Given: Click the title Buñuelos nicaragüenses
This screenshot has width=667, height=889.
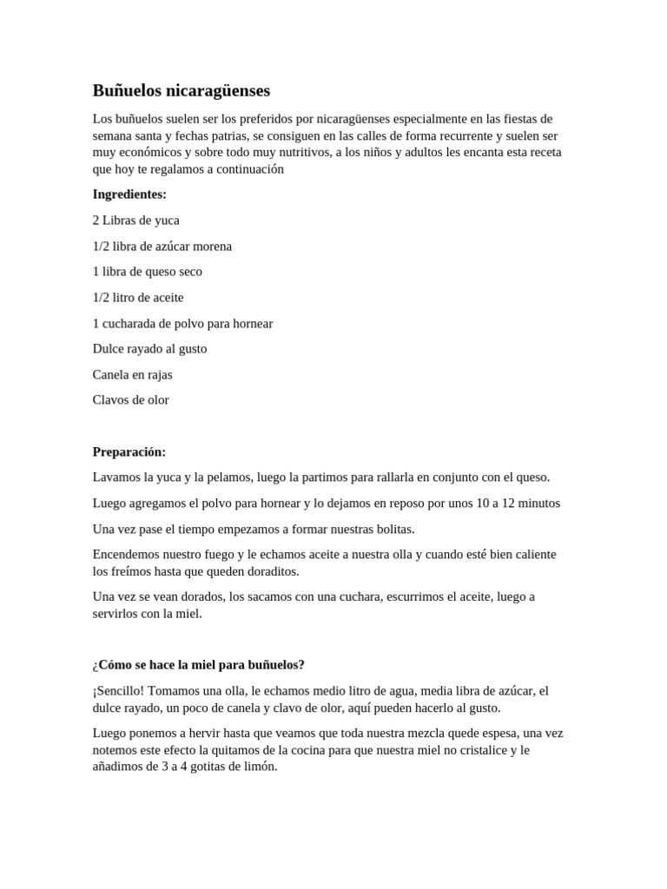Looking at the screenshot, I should click(x=182, y=90).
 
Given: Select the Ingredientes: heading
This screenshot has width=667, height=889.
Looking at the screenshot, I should click(x=129, y=194).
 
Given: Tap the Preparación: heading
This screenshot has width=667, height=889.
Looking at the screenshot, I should click(x=129, y=451).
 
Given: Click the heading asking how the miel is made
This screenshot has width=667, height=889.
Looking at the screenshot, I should click(x=198, y=665).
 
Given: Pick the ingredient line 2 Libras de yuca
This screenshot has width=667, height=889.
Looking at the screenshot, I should click(x=135, y=221).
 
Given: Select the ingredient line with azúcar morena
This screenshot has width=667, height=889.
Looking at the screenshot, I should click(x=162, y=247).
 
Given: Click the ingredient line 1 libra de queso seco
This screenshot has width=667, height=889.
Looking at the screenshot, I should click(x=147, y=272).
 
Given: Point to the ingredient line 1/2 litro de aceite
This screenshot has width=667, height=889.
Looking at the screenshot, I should click(x=138, y=298).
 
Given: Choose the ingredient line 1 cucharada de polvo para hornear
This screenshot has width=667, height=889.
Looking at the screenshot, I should click(x=182, y=324).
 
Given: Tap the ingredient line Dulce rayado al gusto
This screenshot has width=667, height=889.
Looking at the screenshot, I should click(x=149, y=349).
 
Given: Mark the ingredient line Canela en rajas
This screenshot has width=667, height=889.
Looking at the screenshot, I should click(x=132, y=375).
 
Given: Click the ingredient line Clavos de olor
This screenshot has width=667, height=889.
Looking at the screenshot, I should click(x=130, y=400).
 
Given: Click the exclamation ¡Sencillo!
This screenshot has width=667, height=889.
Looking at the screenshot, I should click(x=122, y=691).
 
